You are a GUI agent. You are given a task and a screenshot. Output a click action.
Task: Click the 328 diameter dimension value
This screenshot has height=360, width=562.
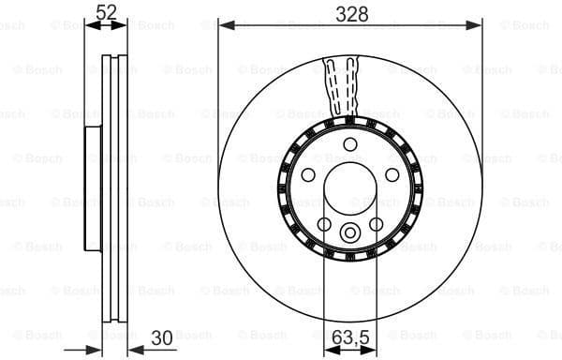[x=351, y=12]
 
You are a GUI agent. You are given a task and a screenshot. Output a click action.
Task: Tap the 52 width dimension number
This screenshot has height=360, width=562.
[x=106, y=12]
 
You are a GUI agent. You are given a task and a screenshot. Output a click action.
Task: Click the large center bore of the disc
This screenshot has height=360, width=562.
[x=350, y=187]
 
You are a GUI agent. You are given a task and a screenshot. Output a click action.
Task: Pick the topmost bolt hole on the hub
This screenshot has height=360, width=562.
[x=350, y=143]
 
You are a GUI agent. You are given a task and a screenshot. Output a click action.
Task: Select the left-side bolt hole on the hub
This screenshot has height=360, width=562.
[x=308, y=174]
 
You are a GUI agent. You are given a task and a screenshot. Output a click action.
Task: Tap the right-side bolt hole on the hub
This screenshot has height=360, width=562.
[x=392, y=174]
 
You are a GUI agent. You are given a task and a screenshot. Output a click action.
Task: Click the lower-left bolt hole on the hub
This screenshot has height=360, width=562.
[x=324, y=224]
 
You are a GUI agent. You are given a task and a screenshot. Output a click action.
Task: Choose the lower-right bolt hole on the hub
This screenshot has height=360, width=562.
[x=377, y=224]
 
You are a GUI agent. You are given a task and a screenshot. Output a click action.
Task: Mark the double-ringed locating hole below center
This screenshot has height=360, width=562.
[x=350, y=233]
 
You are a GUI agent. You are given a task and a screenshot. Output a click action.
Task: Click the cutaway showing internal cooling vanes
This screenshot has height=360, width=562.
[x=342, y=89]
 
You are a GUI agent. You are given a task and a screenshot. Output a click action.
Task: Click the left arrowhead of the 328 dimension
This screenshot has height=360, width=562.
[x=223, y=25]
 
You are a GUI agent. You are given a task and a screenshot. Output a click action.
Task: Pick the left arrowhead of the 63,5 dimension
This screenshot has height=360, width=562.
[x=328, y=346]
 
